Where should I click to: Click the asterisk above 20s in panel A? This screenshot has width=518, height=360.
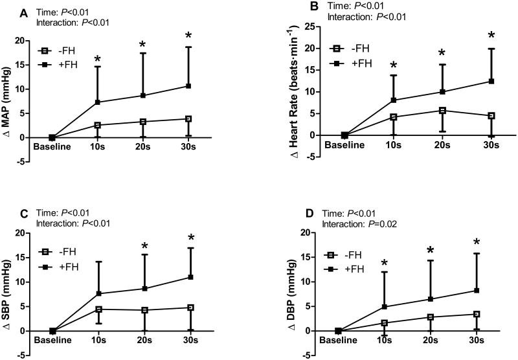[142, 45]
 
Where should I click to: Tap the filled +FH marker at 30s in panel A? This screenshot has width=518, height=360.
[188, 85]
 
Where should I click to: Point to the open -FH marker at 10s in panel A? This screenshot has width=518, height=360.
[96, 125]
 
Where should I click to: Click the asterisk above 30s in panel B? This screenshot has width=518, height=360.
[473, 36]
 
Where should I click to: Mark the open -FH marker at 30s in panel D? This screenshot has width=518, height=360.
[477, 314]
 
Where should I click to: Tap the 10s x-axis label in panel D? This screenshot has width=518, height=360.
[385, 340]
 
